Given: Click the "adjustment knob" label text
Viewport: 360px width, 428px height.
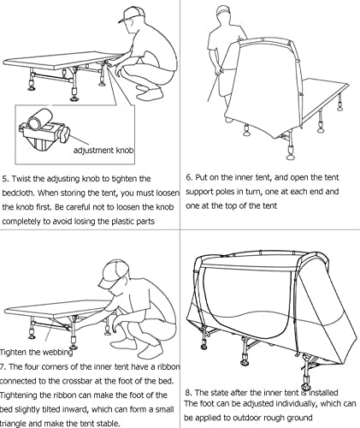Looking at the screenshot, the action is [x=103, y=150].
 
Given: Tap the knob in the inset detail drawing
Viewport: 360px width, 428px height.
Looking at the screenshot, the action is [x=65, y=135].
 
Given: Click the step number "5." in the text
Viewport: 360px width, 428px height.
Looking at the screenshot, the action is [x=6, y=179].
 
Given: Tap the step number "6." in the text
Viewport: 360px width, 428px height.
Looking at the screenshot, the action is [x=190, y=177].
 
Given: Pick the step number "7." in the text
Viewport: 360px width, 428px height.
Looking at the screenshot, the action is [x=3, y=366].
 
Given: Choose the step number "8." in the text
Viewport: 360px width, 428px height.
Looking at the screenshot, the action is [x=188, y=393].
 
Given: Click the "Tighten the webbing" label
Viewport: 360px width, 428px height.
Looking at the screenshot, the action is [x=36, y=353].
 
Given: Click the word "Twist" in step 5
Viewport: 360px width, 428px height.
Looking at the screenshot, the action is [x=21, y=179].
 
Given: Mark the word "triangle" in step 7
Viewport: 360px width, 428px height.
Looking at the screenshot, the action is [x=15, y=424].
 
